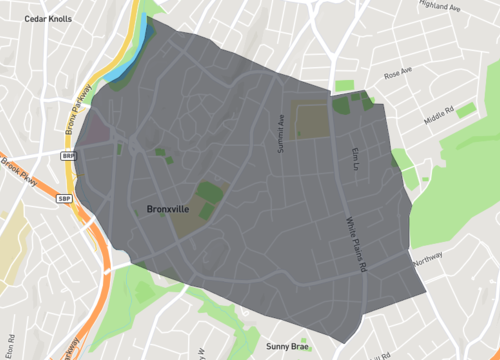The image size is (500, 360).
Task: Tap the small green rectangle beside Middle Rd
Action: tap(465, 111)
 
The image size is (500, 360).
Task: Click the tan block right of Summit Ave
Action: tap(310, 119)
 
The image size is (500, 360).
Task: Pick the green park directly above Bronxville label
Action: tap(209, 191)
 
